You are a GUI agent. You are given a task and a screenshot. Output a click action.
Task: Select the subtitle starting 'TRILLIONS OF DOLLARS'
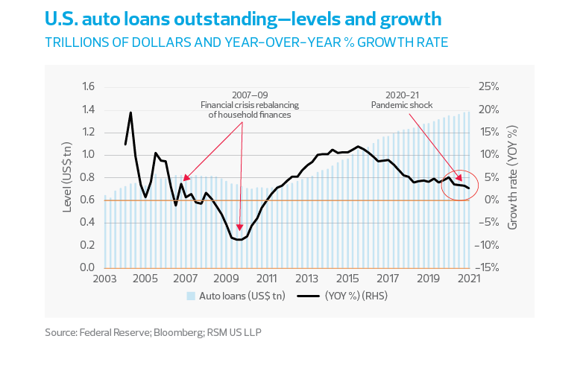pos(246,42)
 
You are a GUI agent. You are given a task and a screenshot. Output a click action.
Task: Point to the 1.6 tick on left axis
pos(87,87)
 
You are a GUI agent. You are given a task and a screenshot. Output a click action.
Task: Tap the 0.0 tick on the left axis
pos(87,268)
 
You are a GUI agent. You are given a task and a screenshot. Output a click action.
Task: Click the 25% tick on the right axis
pos(488,87)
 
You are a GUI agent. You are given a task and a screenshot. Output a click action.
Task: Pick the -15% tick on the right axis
pos(488,268)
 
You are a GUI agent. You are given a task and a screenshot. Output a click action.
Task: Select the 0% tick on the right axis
pos(484,200)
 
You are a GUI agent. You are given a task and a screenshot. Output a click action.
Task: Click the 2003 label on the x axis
pos(104,279)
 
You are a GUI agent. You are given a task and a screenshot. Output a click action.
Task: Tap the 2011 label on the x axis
pos(266,279)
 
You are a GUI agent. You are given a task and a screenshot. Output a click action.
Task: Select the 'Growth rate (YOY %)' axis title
pos(513,177)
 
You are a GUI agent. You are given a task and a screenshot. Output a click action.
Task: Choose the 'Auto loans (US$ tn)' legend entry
pos(231,296)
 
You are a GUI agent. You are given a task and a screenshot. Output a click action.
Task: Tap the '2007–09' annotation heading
pos(249,95)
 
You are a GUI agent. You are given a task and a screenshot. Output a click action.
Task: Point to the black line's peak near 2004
pos(131,112)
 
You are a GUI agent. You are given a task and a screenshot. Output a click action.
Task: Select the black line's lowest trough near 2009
pos(239,240)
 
